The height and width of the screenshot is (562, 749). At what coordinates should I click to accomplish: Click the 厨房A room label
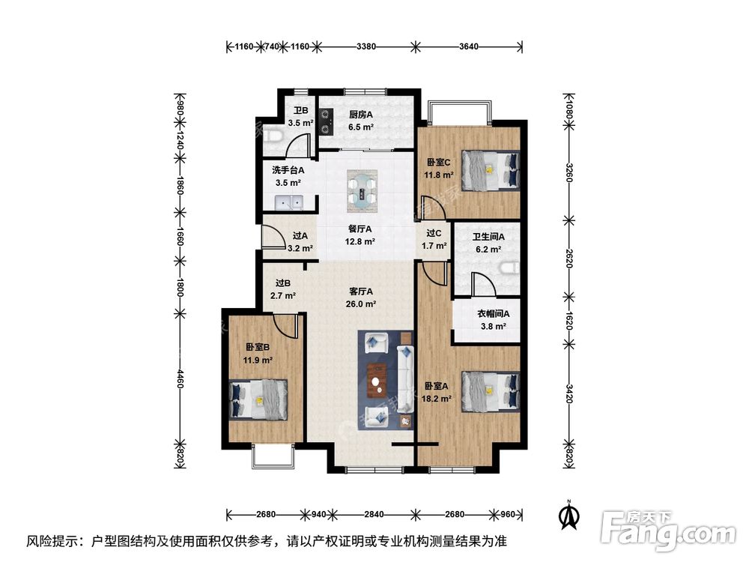pyautogui.click(x=361, y=115)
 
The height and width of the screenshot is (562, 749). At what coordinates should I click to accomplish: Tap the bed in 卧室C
pyautogui.click(x=490, y=169)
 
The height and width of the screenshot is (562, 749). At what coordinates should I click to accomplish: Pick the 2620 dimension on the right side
pyautogui.click(x=568, y=259)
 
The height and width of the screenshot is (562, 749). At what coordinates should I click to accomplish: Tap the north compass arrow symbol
pyautogui.click(x=570, y=514)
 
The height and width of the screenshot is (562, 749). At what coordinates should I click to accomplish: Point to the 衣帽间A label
pyautogui.click(x=493, y=314)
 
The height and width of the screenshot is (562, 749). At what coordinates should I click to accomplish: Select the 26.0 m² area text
pyautogui.click(x=362, y=304)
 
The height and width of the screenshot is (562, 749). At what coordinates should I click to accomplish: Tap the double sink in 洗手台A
pyautogui.click(x=288, y=202)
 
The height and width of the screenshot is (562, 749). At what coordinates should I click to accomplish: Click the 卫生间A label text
pyautogui.click(x=488, y=236)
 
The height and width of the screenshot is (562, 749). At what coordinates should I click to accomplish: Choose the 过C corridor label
pyautogui.click(x=434, y=233)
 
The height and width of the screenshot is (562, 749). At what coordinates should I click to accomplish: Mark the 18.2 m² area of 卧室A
pyautogui.click(x=437, y=399)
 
